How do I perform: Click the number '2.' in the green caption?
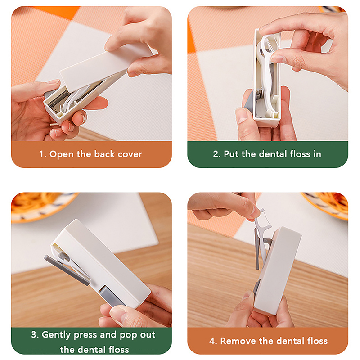coord(217,154)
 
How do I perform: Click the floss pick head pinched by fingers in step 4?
coord(262,218)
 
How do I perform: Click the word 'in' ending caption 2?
coord(317,154)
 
